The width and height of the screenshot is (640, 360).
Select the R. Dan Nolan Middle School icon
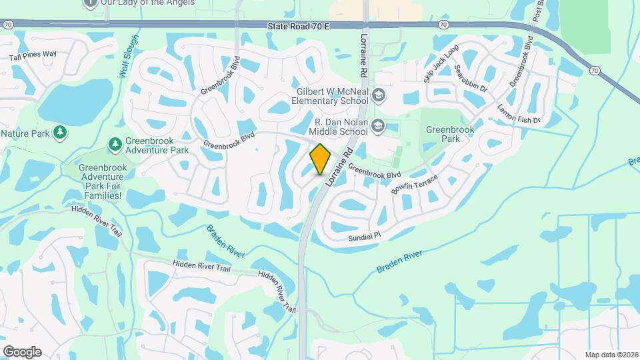pos(378,126)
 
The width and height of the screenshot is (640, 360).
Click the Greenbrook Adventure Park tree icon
pos(115,144)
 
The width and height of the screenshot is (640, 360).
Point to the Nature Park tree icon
pos(60,133)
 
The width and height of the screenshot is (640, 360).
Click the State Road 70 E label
pos(308,25)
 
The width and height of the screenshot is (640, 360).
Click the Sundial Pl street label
pos(364,237)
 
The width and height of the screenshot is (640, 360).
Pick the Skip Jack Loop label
pos(441,64)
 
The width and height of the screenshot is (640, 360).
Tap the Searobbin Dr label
pos(471,78)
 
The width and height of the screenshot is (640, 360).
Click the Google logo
pos(22,352)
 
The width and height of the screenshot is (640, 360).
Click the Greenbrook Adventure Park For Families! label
pos(101,182)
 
